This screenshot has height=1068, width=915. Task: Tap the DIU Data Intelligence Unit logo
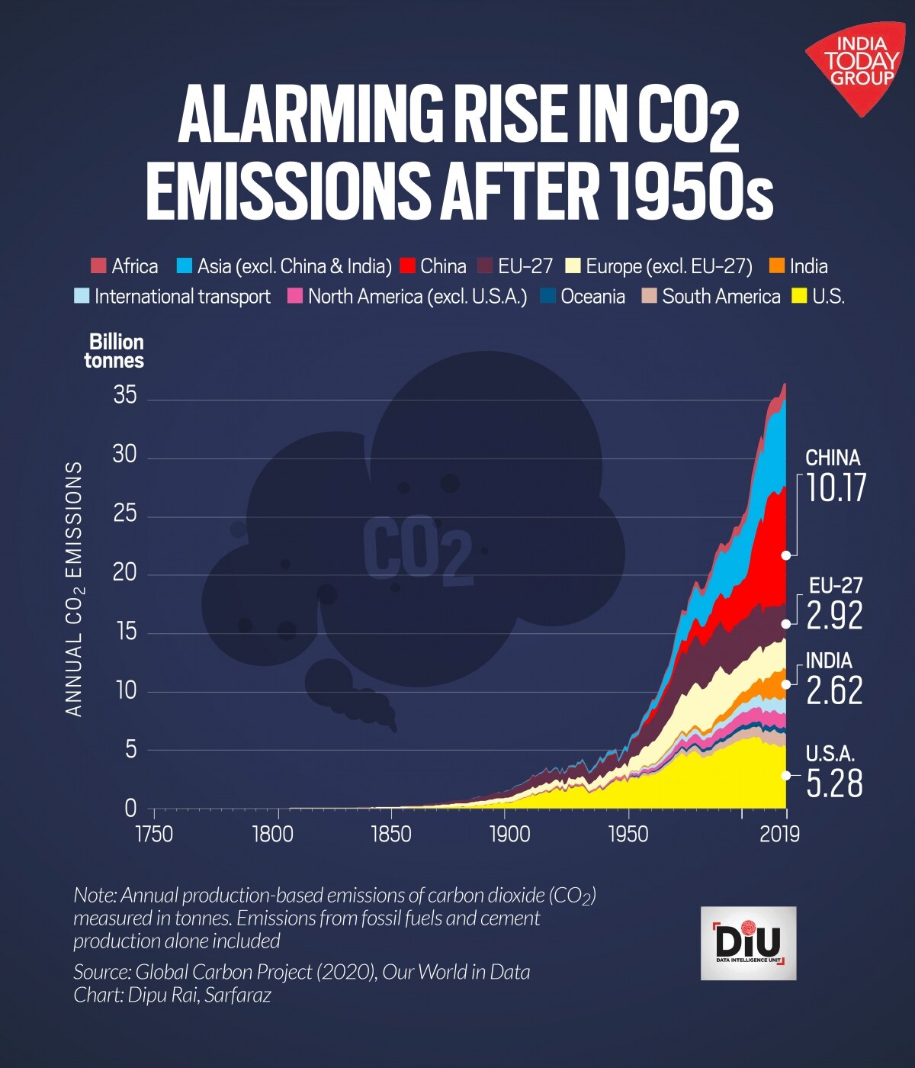(748, 943)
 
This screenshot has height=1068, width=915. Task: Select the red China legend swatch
(407, 266)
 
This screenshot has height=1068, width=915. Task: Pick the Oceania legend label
(592, 297)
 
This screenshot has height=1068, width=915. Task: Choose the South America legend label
(721, 297)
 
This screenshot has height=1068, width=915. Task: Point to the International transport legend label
(182, 297)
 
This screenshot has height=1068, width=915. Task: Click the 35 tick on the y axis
(125, 396)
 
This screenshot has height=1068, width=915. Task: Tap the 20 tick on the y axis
(125, 573)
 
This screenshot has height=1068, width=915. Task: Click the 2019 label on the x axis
(779, 833)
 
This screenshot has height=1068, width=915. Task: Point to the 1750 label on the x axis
(154, 833)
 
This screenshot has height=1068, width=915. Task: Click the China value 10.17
(836, 488)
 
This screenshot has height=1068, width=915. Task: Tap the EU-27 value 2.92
(834, 616)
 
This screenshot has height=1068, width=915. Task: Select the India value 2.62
(834, 691)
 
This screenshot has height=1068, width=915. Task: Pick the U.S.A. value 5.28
(834, 784)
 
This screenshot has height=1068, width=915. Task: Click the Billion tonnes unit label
(115, 351)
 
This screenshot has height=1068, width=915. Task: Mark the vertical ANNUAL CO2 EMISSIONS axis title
(74, 588)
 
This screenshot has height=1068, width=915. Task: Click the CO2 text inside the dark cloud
(417, 551)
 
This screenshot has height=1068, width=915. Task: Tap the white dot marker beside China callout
(786, 555)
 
